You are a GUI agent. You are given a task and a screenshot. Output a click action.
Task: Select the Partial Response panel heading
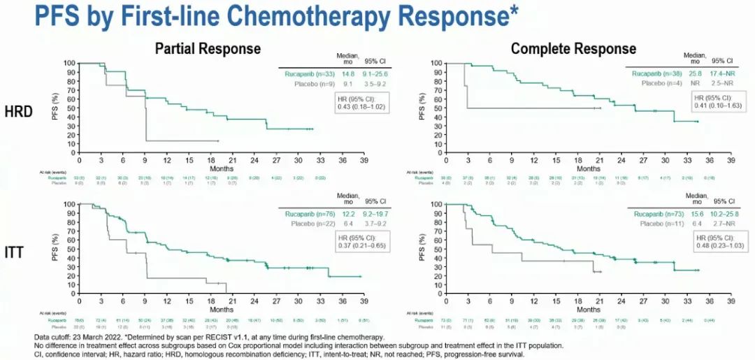click(x=208, y=48)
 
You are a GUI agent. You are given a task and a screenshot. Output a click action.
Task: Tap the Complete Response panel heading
click(x=573, y=48)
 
